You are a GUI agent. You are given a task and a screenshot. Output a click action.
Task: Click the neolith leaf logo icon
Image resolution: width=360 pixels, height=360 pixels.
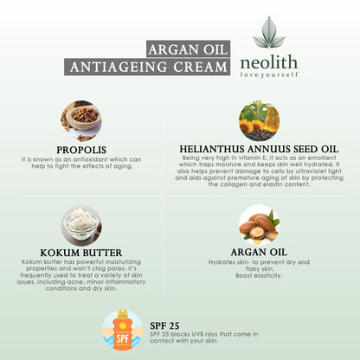(269, 32)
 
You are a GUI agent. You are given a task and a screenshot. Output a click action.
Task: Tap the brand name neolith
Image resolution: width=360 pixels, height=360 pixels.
(269, 62)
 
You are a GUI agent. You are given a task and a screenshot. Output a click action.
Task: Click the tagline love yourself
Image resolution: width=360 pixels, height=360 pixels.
(269, 75)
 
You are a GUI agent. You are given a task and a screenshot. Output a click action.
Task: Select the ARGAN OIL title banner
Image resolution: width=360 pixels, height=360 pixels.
(188, 48)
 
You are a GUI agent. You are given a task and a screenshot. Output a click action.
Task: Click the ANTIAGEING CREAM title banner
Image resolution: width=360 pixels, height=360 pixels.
(147, 67)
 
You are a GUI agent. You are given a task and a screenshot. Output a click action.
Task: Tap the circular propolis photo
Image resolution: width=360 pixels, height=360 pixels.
(81, 121)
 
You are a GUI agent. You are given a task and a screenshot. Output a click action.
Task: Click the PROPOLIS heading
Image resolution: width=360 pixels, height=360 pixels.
(81, 150)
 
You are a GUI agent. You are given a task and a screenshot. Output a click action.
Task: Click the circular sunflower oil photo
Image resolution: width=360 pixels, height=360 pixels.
(259, 121)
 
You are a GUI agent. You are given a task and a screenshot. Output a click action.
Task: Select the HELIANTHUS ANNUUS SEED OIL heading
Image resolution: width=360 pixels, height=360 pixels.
(259, 149)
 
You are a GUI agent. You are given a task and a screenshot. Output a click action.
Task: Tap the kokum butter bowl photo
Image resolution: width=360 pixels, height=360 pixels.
(81, 226)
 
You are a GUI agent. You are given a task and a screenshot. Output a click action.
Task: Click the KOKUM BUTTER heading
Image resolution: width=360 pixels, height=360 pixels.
(81, 253)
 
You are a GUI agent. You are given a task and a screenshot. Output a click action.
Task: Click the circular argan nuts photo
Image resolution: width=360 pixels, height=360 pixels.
(259, 225)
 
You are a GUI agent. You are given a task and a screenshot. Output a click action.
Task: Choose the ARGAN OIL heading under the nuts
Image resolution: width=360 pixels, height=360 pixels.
(259, 252)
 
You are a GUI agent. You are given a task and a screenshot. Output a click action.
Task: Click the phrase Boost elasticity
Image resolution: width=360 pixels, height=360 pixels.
(259, 275)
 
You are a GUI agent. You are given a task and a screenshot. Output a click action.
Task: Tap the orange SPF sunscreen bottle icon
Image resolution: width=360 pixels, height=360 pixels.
(123, 331)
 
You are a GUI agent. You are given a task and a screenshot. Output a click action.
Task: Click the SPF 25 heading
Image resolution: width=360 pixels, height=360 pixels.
(164, 326)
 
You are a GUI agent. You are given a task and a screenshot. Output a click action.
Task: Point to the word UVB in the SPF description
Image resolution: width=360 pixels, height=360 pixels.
(199, 334)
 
